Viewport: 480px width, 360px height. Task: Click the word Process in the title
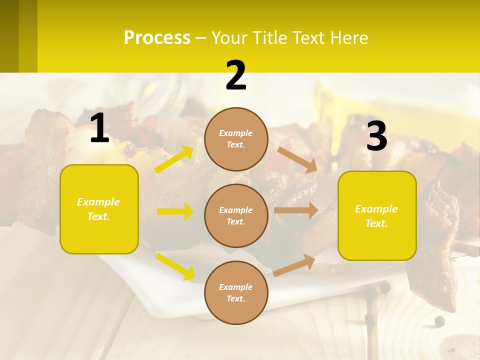157,37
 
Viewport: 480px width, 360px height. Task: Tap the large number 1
99,129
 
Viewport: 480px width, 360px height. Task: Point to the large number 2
236,76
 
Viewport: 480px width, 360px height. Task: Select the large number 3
376,136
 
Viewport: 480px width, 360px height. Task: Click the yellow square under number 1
99,209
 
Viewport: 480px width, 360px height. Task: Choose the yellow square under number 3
377,215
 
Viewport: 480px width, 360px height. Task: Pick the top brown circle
236,139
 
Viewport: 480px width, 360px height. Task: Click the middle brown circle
236,215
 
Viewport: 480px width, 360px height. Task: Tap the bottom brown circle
236,292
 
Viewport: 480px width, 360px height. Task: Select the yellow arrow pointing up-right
174,159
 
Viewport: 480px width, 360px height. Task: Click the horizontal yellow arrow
175,211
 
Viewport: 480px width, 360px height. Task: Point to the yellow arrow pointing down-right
175,266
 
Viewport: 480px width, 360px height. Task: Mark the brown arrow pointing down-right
297,159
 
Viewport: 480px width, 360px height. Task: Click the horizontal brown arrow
295,210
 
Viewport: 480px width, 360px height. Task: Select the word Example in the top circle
236,133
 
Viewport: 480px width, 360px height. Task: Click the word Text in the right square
376,223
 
